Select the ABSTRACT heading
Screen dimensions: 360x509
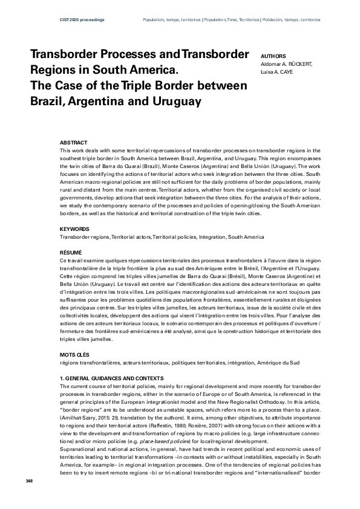(x=74, y=142)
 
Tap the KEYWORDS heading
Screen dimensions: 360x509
(x=75, y=229)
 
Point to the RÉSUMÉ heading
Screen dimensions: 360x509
(x=71, y=251)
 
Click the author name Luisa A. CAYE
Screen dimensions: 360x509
(x=277, y=71)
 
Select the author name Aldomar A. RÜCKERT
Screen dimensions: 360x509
(x=286, y=63)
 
